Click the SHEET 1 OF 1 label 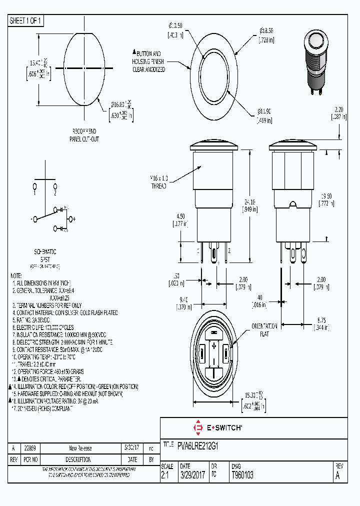pos(26,20)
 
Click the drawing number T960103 pos(242,475)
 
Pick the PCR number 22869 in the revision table pos(30,448)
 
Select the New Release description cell pos(80,448)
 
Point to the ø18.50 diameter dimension pos(266,34)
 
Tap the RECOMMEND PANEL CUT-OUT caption pos(84,135)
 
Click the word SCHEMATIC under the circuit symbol pos(44,251)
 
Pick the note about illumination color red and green pos(75,386)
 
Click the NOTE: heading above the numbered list pos(16,276)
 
